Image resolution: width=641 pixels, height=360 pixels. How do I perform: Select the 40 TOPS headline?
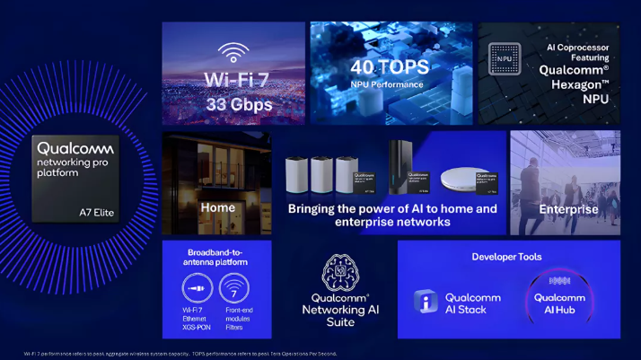click(x=391, y=66)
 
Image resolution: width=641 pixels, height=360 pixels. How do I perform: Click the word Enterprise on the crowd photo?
click(x=568, y=209)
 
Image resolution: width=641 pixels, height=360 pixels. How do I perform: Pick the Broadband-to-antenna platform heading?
click(x=215, y=256)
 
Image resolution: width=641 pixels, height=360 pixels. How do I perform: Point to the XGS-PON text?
click(x=195, y=327)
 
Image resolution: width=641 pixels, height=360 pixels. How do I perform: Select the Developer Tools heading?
click(x=507, y=257)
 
